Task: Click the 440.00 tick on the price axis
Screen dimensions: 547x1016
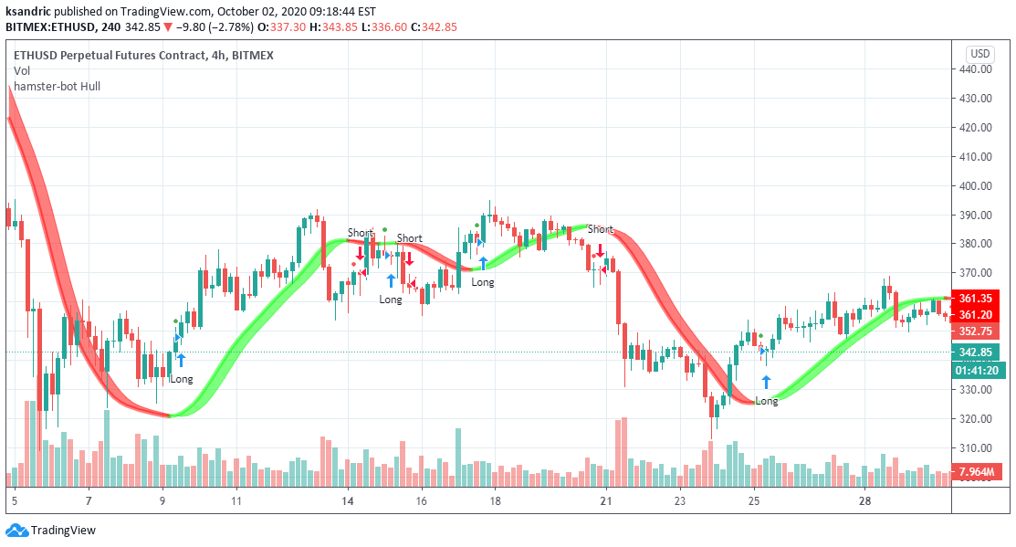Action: (976, 68)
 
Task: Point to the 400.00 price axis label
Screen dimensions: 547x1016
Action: (976, 185)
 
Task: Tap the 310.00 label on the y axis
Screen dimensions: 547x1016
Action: (976, 447)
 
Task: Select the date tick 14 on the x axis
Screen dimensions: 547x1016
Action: (347, 501)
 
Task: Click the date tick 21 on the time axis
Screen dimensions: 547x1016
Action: (605, 501)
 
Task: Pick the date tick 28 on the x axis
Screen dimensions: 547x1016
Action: (865, 501)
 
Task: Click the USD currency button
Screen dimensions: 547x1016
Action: (980, 53)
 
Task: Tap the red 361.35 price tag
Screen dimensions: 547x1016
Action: (975, 298)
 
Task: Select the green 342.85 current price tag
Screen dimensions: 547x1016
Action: (975, 352)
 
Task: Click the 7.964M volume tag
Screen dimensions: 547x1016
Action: (975, 472)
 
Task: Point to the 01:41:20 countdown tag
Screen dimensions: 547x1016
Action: (975, 371)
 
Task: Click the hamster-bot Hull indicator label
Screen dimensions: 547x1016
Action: (57, 87)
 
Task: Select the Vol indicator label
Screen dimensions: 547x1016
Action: (21, 71)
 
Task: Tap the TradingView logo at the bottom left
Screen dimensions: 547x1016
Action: (51, 531)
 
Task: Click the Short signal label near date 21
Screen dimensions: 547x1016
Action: (601, 229)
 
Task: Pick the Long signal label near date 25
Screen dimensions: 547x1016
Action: (767, 401)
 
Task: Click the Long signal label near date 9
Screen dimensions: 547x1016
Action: (182, 379)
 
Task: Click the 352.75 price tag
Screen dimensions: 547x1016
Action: (975, 331)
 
